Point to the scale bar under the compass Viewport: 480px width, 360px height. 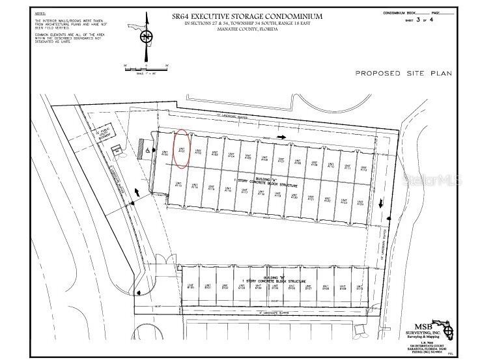pyautogui.click(x=146, y=66)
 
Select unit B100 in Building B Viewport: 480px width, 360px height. pyautogui.click(x=191, y=286)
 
